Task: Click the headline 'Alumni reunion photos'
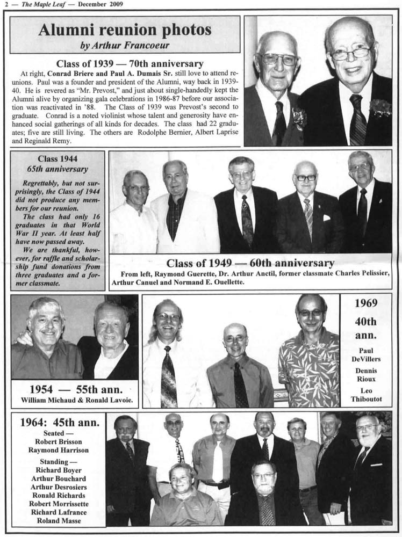pos(125,30)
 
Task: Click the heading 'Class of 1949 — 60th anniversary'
pos(250,263)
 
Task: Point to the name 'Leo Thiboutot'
pos(365,395)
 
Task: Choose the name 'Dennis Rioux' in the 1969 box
pos(365,375)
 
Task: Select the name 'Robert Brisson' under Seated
pos(59,441)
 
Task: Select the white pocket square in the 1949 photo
pos(326,218)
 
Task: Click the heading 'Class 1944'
pos(58,159)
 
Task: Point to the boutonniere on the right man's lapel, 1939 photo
pos(381,108)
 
